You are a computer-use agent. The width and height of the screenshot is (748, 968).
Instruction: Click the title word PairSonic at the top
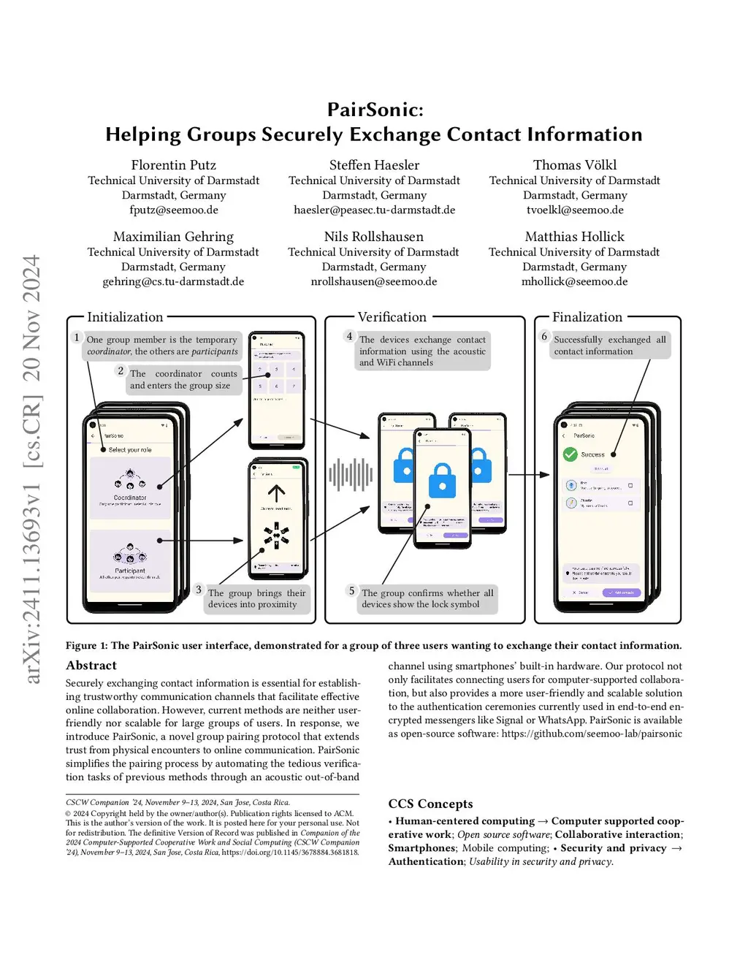coord(374,110)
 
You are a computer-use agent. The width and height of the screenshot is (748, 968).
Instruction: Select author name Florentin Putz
coord(173,165)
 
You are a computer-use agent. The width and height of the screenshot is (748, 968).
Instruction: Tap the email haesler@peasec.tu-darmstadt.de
coord(374,210)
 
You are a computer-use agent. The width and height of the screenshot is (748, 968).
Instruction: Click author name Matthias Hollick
coord(574,237)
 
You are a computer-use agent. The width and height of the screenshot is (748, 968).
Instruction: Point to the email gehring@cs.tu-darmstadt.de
coord(173,281)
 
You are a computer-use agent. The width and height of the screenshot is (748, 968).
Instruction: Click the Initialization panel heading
coord(125,317)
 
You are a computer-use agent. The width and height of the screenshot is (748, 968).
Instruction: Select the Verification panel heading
coord(392,317)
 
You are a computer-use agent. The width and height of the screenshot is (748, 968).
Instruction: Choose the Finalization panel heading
coord(587,317)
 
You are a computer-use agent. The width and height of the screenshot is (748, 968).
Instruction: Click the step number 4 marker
coord(349,336)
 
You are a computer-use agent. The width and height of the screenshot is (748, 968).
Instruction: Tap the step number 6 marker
coord(544,336)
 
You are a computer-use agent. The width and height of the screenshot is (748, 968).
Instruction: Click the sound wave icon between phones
coord(351,475)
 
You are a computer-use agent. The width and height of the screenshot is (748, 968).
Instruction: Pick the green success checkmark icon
coord(570,454)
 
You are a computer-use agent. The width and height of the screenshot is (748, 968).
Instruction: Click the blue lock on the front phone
coord(442,480)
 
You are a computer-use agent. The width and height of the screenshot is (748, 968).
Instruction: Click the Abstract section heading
coord(91,666)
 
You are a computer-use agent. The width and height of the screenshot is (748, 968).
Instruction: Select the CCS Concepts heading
coord(430,804)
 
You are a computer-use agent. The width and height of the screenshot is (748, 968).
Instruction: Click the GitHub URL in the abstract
coord(592,733)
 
